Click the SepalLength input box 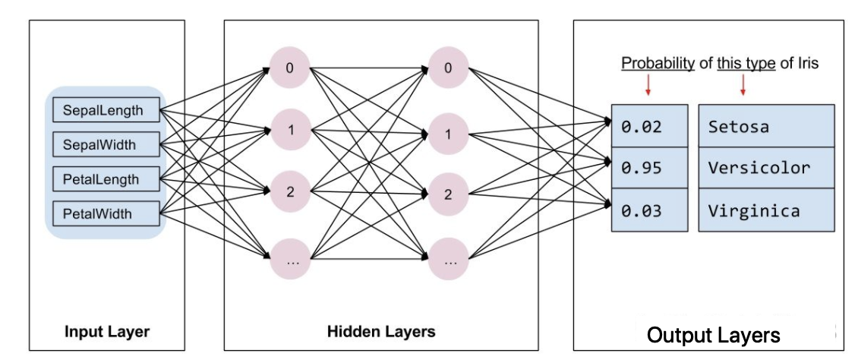coord(107,110)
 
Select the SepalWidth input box coord(107,145)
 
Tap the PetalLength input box coord(107,179)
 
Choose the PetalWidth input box coord(107,213)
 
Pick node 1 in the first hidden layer coord(289,130)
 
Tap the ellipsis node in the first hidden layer coord(289,258)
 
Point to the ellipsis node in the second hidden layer coord(448,258)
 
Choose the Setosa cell coord(767,126)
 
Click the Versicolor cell coord(767,168)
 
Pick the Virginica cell coord(767,210)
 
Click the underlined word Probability coord(658,64)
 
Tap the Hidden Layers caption coord(381,332)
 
